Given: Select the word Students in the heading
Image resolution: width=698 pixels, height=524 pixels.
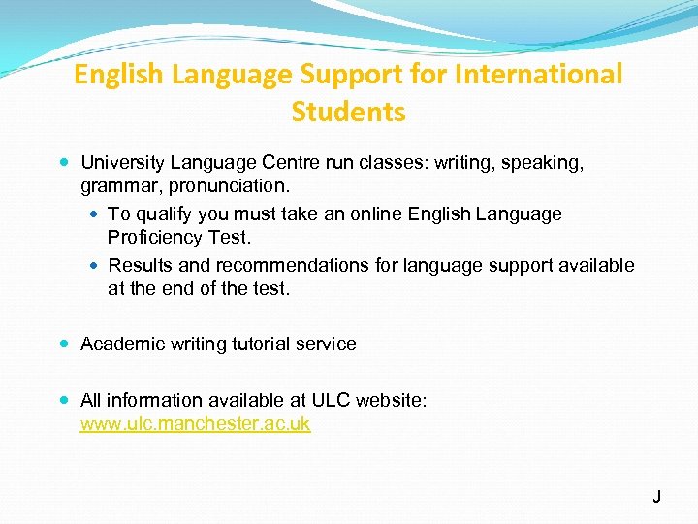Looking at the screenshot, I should click(348, 113).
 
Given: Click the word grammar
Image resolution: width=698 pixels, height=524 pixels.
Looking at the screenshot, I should click(119, 184).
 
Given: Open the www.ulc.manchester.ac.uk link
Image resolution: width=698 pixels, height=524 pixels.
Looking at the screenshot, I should click(195, 424).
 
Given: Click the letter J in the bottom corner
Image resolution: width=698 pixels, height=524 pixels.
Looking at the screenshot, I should click(656, 497).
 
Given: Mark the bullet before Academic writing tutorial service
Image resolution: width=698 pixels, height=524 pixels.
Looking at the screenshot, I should click(64, 344).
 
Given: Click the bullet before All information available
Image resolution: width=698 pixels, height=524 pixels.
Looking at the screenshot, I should click(64, 400).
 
